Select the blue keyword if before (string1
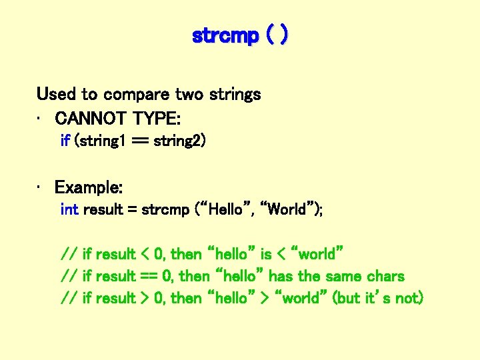click(x=65, y=141)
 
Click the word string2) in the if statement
click(x=180, y=141)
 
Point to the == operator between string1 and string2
click(x=137, y=141)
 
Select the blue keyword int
click(x=69, y=209)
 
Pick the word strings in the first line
click(x=234, y=95)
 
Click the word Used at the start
click(x=57, y=94)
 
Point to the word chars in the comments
click(x=385, y=276)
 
